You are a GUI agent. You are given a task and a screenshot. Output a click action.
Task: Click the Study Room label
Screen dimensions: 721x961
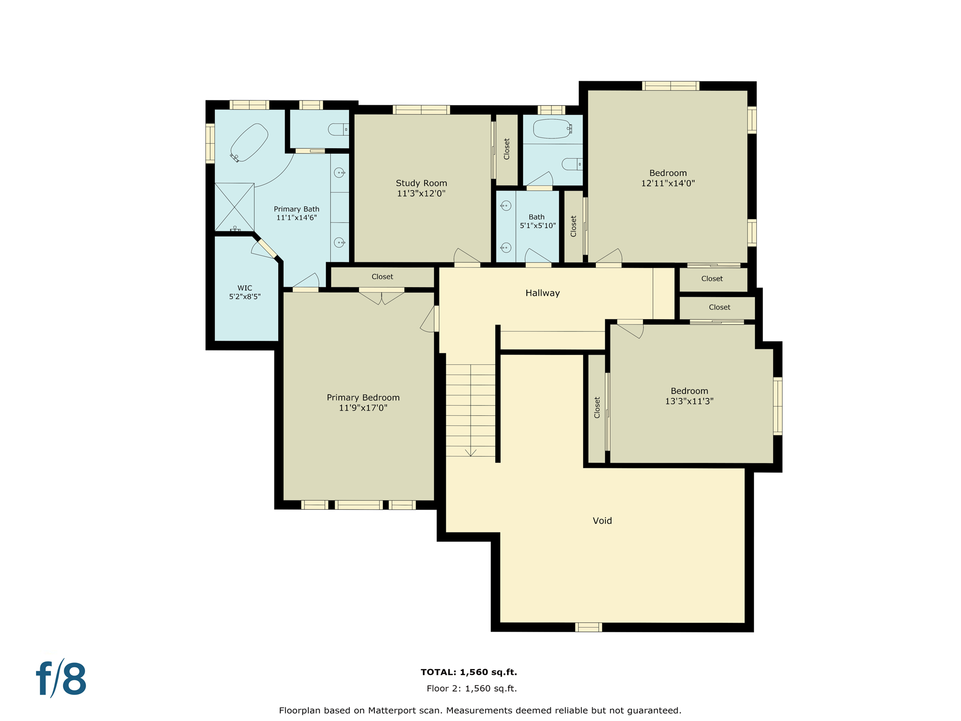coord(421,184)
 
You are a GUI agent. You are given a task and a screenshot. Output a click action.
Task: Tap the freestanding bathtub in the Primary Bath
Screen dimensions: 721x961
coord(249,142)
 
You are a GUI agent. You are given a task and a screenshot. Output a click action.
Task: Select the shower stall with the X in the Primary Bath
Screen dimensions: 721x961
coord(234,207)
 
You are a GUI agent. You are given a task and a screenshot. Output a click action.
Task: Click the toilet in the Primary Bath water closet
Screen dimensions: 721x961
coord(338,129)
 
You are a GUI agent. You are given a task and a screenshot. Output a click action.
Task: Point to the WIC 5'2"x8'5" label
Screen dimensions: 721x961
coord(244,292)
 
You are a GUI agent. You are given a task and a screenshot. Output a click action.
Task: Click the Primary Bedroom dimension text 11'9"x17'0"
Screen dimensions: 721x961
coord(363,408)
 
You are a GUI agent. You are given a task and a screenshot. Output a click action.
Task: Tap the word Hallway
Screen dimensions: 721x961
coord(542,293)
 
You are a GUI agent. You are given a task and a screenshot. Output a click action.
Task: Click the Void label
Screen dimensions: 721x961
coord(602,521)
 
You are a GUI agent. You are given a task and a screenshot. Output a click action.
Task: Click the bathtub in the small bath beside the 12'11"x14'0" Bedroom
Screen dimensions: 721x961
coord(552,129)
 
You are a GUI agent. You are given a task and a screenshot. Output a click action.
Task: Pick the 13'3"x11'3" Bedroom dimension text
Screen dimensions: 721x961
coord(689,401)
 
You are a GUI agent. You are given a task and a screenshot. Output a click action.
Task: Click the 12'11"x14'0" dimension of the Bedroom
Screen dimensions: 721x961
coord(668,184)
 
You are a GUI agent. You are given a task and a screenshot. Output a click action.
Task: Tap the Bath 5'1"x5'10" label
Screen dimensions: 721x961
coord(537,221)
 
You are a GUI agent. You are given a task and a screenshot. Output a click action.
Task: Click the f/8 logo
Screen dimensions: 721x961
coord(61,679)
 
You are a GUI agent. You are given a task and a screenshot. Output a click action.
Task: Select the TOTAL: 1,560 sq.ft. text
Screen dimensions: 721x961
coord(469,672)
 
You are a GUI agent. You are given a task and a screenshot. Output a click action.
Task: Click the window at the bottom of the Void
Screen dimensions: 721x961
coord(588,627)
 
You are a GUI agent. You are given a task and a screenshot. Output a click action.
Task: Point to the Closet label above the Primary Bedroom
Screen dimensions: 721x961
coord(382,277)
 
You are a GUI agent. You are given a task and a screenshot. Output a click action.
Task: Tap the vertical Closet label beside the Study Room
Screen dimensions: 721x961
coord(506,149)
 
